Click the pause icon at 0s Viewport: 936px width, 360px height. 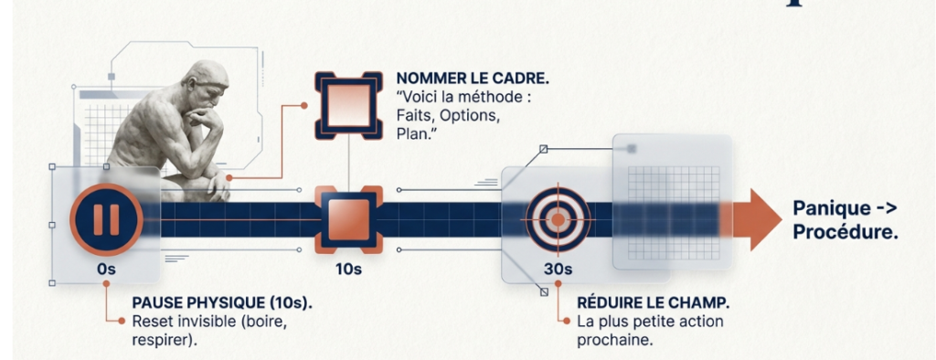tap(106, 219)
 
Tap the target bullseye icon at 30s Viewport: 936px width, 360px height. tap(558, 219)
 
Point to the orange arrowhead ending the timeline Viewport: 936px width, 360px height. tap(757, 219)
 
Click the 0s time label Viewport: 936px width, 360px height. tap(106, 270)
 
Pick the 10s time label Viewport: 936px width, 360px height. tap(348, 270)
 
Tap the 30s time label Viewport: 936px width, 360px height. tap(558, 270)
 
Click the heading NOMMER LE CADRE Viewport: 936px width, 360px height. tap(473, 79)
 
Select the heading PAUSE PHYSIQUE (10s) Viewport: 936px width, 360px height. tap(222, 303)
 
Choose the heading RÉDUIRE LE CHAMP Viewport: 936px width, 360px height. tap(654, 303)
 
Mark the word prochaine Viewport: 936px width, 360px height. tap(615, 340)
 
